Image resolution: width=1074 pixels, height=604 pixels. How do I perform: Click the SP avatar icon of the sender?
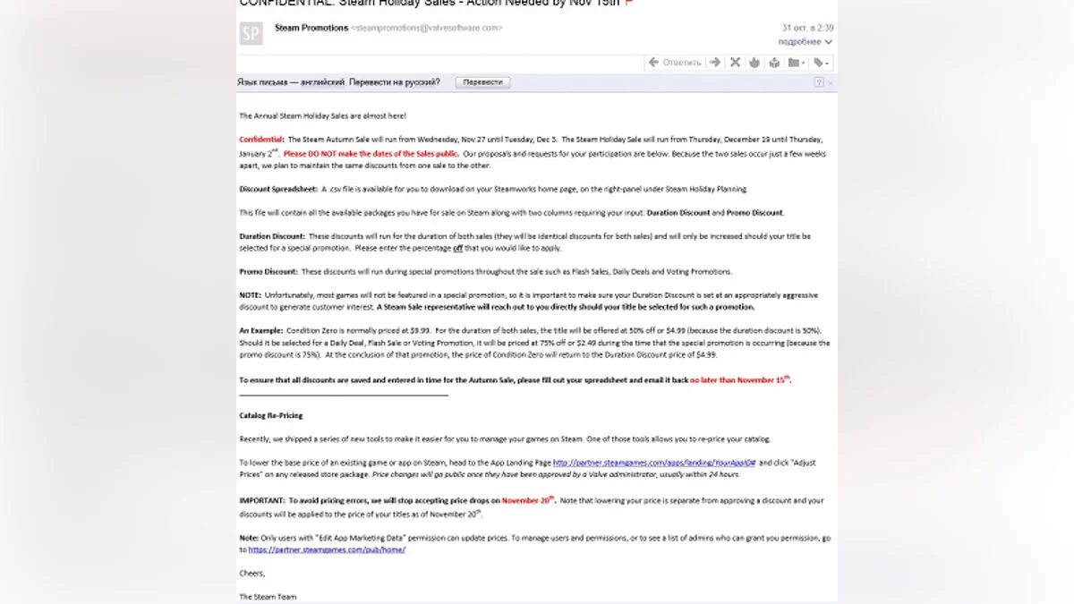pos(251,34)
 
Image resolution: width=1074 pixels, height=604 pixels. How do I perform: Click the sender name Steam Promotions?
pos(311,28)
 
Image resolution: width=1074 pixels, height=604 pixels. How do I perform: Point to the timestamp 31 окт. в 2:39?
pos(808,28)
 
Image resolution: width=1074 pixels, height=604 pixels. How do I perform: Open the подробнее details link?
pos(800,42)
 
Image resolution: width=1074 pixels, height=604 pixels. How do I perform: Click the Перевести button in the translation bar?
pos(482,82)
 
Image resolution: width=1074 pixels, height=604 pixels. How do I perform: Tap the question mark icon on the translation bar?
pos(818,82)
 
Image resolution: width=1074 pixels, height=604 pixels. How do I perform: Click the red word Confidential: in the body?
pos(261,140)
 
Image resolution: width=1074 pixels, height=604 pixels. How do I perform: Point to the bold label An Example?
pos(260,331)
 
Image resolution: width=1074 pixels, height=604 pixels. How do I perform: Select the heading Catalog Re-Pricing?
pos(271,415)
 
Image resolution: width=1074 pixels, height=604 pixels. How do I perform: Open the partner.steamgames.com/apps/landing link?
pos(654,463)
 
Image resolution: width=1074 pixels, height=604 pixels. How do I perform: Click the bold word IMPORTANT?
pos(261,501)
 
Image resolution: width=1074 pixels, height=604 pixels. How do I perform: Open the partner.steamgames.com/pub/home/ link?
pos(327,549)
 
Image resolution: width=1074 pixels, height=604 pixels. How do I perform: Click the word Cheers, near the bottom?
pos(252,573)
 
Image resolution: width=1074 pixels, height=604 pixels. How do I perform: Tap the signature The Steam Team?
pos(268,596)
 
